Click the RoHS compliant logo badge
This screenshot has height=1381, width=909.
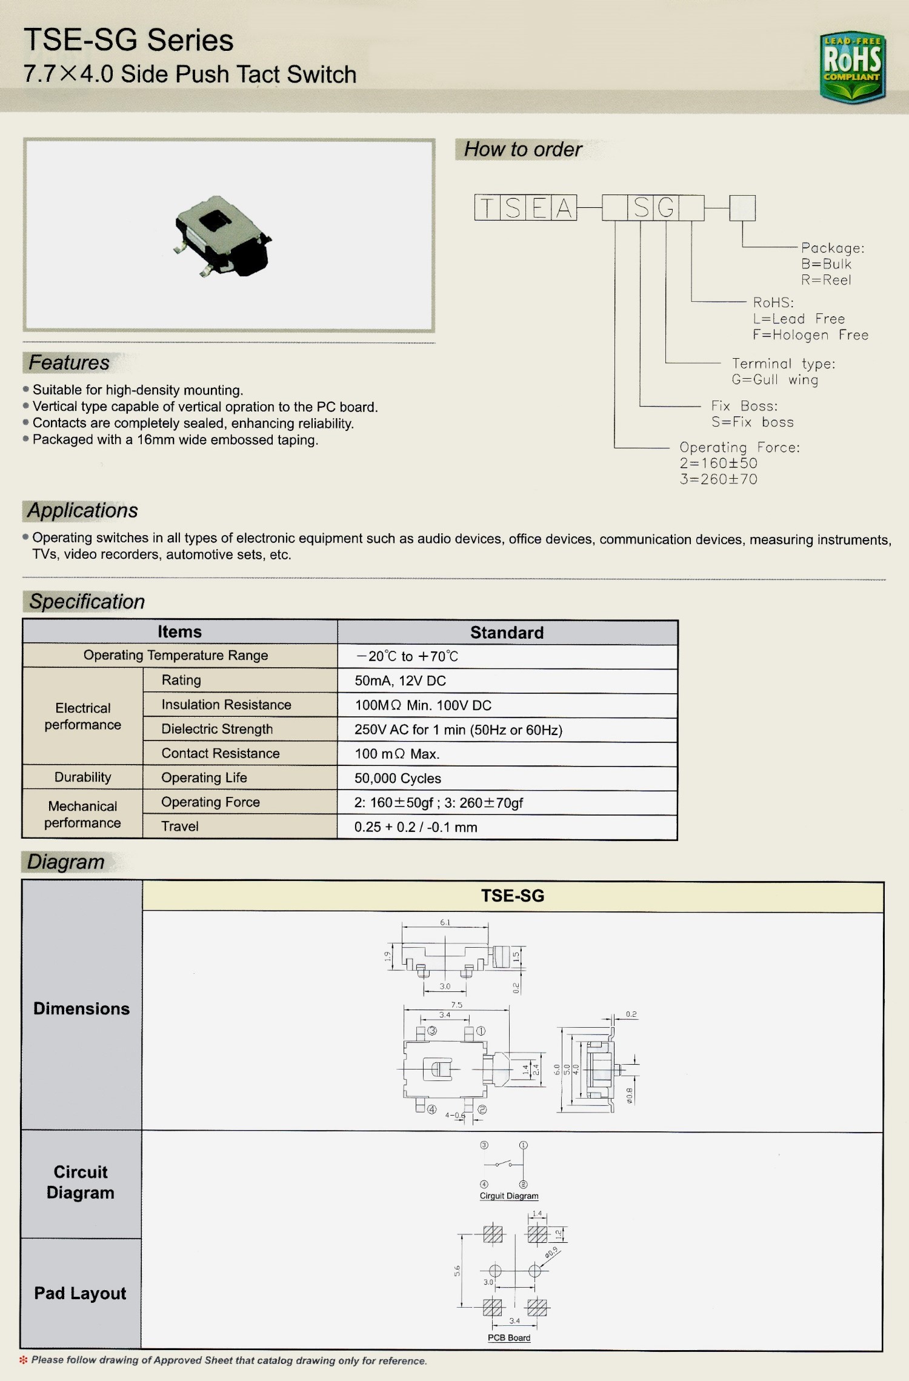coord(852,67)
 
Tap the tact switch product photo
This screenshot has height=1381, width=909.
coord(222,236)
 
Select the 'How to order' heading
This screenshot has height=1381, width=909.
coord(522,149)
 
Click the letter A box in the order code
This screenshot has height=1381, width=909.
coord(564,208)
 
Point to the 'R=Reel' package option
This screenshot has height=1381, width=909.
coord(826,280)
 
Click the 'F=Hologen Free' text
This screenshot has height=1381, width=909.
coord(810,335)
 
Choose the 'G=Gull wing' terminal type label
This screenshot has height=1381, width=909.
coord(774,380)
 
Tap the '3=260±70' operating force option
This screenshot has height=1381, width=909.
coord(718,479)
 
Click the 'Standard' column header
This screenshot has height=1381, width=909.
coord(507,633)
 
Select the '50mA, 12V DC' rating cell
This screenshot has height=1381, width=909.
coord(400,681)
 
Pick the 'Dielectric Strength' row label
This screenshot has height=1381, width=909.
coord(217,729)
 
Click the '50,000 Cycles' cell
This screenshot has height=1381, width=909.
coord(398,778)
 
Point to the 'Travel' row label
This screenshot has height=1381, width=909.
coord(180,827)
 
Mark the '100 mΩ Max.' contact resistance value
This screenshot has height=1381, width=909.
coord(397,754)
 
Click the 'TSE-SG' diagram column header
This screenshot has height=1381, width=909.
coord(513,896)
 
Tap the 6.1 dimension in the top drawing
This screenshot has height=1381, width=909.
coord(445,922)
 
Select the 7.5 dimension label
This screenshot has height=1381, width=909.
coord(456,1005)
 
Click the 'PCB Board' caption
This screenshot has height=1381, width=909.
coord(509,1338)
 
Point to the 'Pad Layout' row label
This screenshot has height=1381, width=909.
coord(80,1293)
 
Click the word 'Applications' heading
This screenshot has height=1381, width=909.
coord(83,510)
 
